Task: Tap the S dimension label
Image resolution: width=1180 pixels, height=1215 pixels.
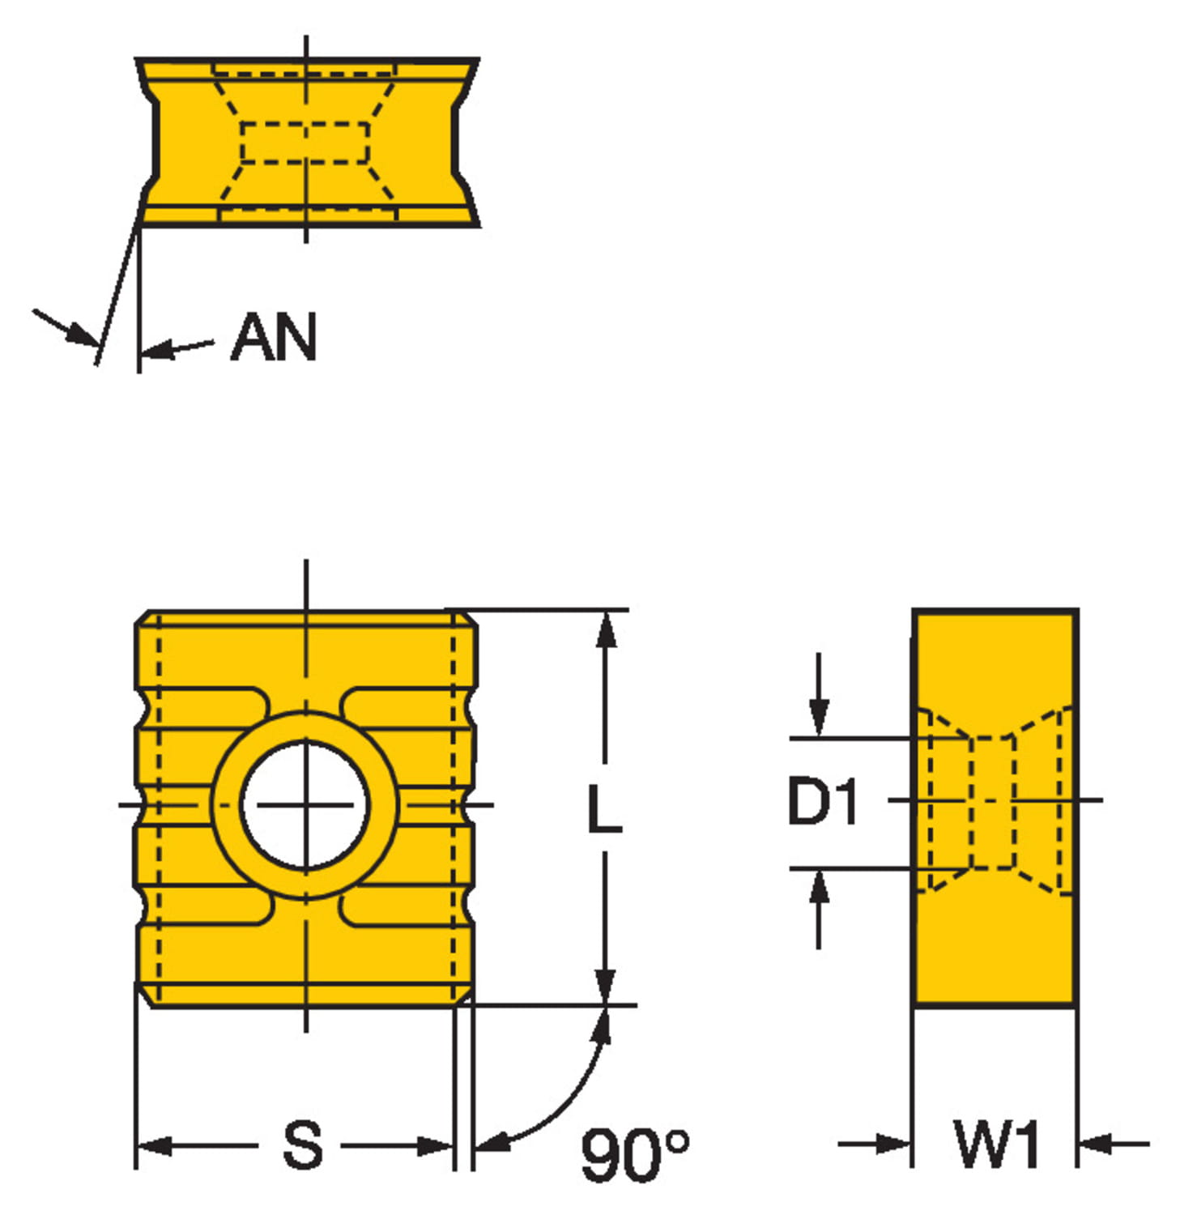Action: [301, 1145]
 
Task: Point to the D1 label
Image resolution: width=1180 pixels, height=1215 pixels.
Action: [822, 802]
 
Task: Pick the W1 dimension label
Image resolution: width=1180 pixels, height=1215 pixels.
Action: [996, 1145]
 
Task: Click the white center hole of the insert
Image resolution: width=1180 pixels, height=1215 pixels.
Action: [305, 805]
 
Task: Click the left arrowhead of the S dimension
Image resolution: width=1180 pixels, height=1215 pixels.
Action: [154, 1145]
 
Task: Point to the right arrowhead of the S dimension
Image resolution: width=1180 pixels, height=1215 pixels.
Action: [434, 1145]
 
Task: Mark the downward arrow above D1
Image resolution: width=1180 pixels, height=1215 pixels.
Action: [819, 717]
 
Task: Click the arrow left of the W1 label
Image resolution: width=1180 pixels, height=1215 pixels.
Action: [891, 1144]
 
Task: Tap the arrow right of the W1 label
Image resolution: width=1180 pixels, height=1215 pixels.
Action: [1097, 1144]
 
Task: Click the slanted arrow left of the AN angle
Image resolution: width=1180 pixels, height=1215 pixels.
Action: [77, 332]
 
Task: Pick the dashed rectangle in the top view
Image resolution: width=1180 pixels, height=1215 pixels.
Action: [305, 143]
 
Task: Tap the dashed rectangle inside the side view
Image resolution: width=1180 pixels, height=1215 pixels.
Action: [992, 802]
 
